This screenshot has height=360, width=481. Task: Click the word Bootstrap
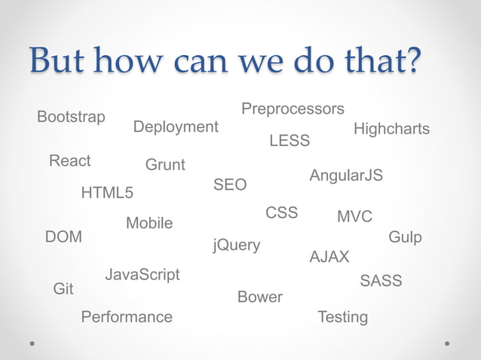(71, 117)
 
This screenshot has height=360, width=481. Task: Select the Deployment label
(176, 127)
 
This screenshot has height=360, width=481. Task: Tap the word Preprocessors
(293, 109)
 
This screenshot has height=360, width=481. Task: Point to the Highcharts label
(391, 130)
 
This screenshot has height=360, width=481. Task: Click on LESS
(290, 142)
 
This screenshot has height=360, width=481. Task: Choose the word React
(69, 161)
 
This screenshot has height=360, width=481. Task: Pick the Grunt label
(165, 165)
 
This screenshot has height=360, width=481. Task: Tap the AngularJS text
(346, 175)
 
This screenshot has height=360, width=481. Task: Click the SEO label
(230, 185)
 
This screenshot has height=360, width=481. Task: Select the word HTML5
(107, 194)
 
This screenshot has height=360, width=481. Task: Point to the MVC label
(354, 217)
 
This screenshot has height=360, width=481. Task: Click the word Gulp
(405, 238)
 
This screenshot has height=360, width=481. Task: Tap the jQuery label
(237, 246)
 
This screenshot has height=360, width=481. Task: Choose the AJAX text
(329, 258)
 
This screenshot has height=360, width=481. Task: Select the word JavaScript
(142, 275)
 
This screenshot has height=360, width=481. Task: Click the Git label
(63, 289)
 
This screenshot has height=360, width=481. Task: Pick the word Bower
(260, 297)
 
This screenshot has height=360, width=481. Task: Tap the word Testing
(343, 317)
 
